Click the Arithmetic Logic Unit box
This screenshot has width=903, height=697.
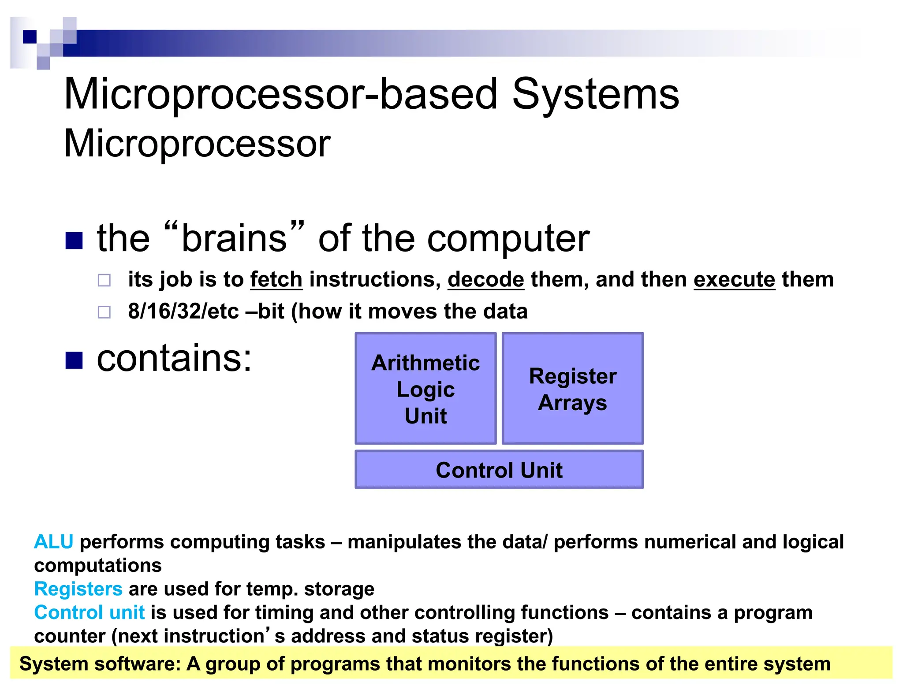point(425,389)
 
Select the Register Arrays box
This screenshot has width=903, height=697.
point(572,389)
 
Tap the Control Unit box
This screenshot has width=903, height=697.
point(499,470)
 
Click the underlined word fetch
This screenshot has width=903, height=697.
point(276,280)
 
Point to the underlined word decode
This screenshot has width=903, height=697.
point(486,280)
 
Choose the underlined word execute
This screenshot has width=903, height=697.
point(734,280)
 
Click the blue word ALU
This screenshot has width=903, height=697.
point(53,542)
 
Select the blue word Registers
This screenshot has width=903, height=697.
point(78,589)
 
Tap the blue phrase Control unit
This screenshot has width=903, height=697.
point(89,612)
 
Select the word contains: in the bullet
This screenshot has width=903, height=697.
point(174,358)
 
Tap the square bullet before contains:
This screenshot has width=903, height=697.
point(74,360)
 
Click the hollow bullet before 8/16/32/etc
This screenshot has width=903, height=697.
point(104,312)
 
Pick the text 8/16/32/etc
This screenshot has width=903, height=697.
point(183,311)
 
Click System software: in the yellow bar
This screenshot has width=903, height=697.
point(100,664)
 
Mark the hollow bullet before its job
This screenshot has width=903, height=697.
point(104,280)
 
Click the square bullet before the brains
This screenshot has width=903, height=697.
point(74,241)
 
